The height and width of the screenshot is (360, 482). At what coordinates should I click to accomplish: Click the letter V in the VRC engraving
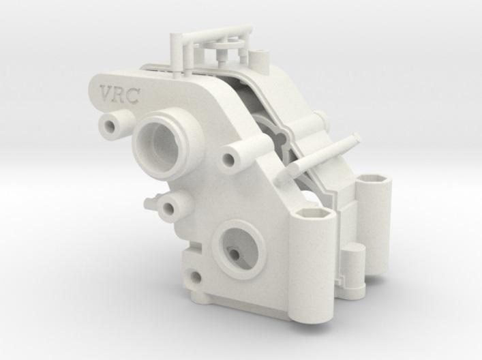(x=107, y=93)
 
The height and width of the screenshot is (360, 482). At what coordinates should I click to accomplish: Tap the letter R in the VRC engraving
(x=120, y=94)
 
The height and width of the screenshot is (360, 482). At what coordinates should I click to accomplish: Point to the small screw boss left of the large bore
(x=109, y=124)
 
